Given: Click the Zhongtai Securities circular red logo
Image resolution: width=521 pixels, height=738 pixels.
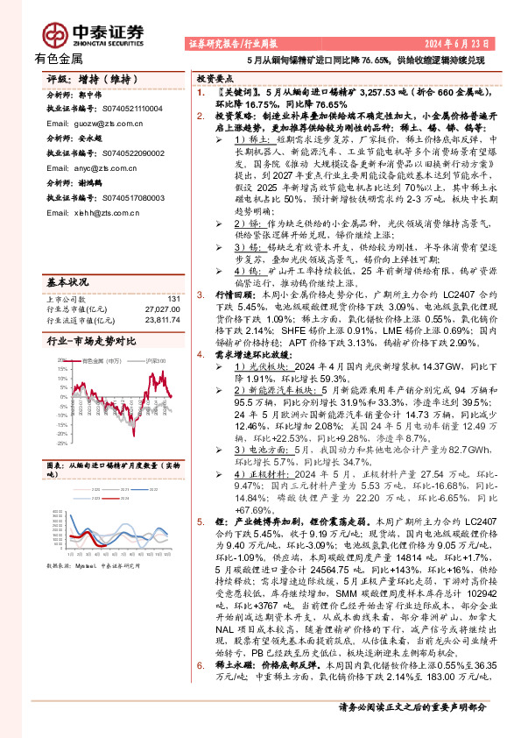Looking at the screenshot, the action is (x=58, y=32).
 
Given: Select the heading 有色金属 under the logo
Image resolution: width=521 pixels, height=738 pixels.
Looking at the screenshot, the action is (x=59, y=60).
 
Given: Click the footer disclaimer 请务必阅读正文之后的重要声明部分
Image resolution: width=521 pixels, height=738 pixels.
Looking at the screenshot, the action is (x=412, y=730).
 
